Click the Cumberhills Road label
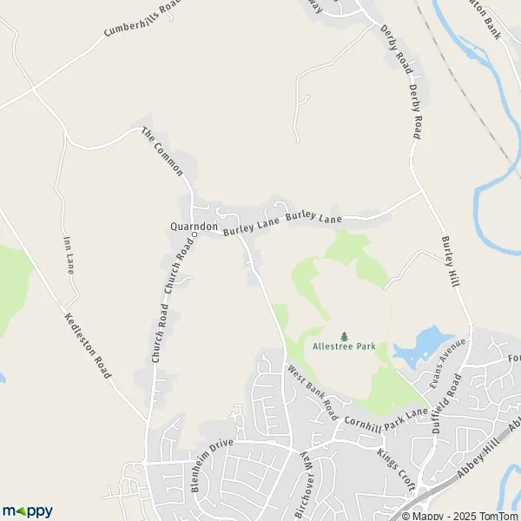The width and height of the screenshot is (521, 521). pyautogui.click(x=144, y=17)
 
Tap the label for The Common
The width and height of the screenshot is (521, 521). pyautogui.click(x=162, y=151)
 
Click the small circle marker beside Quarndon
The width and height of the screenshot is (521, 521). pyautogui.click(x=195, y=234)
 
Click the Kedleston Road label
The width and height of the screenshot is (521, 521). pyautogui.click(x=88, y=346)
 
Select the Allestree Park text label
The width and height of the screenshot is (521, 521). pyautogui.click(x=344, y=346)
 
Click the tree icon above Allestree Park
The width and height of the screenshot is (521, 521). pyautogui.click(x=344, y=335)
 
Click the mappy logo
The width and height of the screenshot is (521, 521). pyautogui.click(x=28, y=511)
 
